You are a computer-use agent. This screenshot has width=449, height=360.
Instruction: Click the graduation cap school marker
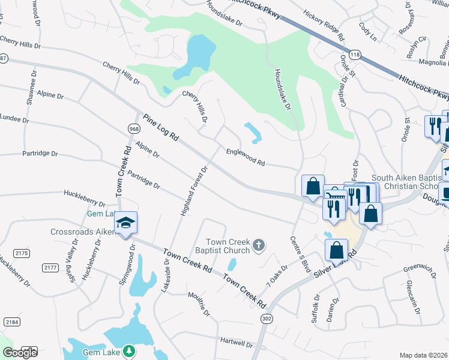[125, 223]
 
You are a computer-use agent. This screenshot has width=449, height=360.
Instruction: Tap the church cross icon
[259, 244]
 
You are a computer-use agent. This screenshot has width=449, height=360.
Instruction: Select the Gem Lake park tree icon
[128, 350]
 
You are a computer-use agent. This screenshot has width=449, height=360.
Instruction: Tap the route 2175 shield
[22, 253]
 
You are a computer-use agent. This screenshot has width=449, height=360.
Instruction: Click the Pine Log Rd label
[161, 127]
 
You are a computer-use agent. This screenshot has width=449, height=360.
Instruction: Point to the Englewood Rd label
[246, 158]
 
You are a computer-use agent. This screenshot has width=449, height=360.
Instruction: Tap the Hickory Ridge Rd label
[325, 25]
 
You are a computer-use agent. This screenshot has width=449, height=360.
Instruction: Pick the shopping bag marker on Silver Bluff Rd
[337, 250]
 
